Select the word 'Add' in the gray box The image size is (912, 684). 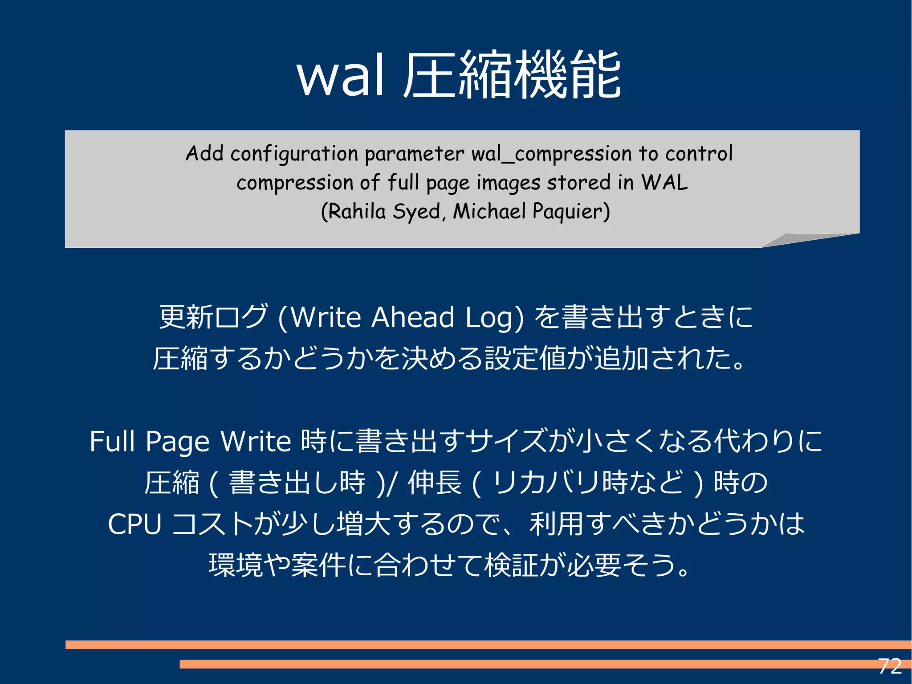pos(204,153)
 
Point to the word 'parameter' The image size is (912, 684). pos(415,154)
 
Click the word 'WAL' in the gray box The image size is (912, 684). pos(664,182)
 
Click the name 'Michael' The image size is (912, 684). pos(489,211)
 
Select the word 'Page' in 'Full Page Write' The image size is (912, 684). pos(177,442)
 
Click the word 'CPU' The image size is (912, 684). pos(134,524)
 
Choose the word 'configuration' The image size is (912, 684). pos(294,154)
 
